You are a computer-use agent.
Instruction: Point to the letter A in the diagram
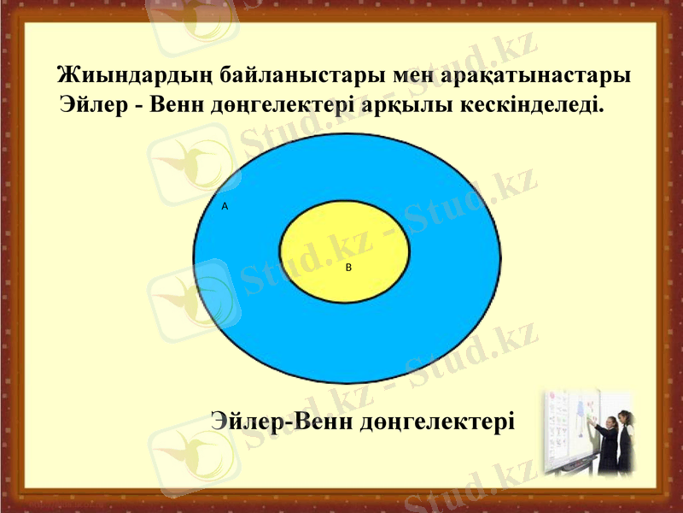(225, 207)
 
